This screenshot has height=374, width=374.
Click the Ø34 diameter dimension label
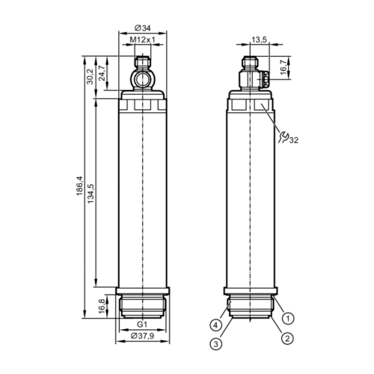click(143, 28)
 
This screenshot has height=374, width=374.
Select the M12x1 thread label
click(143, 40)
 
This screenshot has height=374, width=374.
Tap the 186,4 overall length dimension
click(79, 186)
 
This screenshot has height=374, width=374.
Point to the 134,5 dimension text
click(91, 193)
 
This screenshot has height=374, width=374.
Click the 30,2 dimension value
click(90, 76)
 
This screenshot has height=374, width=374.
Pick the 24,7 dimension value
click(102, 73)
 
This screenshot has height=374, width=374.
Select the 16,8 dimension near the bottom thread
click(102, 306)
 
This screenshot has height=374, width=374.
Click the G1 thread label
click(142, 325)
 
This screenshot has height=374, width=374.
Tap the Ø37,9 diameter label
click(143, 336)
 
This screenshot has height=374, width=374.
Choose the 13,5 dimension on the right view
click(260, 40)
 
